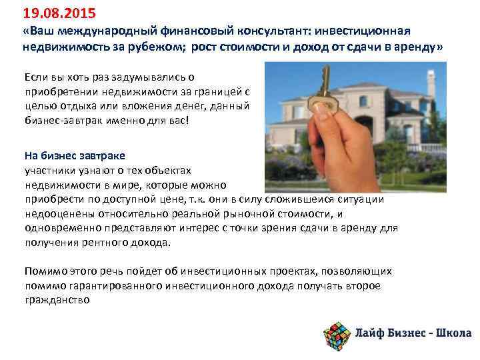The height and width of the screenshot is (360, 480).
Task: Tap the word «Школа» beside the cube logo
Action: click(453, 333)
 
